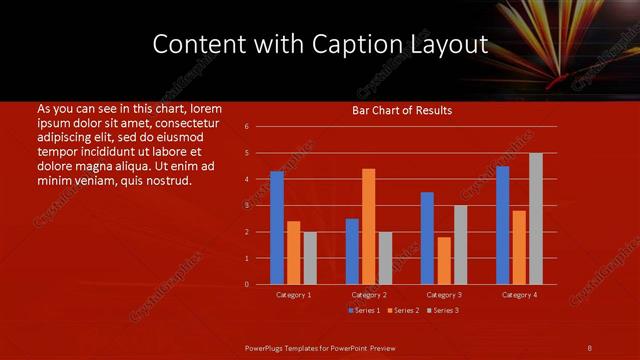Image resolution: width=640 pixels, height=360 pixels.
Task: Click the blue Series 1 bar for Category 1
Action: (277, 228)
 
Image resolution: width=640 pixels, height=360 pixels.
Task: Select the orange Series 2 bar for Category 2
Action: (368, 226)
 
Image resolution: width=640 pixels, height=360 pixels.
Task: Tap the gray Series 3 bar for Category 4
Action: (536, 218)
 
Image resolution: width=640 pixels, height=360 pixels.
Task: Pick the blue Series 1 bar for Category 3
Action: (427, 238)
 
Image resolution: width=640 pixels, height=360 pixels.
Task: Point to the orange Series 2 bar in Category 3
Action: (444, 260)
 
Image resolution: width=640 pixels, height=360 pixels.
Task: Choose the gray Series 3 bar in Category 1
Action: (310, 258)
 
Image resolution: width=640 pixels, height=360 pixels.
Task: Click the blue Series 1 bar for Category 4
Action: (502, 225)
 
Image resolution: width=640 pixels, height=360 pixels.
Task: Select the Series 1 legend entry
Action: (364, 310)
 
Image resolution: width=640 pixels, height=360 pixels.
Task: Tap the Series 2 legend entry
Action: (404, 310)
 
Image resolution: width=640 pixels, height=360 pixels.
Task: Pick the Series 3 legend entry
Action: (444, 310)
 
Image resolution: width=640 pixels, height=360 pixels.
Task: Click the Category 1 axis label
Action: (294, 295)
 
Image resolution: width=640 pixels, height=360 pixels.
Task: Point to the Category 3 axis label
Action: (444, 295)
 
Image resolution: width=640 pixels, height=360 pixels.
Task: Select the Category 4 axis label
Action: (519, 295)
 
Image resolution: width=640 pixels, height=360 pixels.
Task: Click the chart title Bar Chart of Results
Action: (402, 110)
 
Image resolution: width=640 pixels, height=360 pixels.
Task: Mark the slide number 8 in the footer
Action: (590, 347)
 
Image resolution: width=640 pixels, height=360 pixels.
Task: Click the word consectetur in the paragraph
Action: (186, 121)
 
